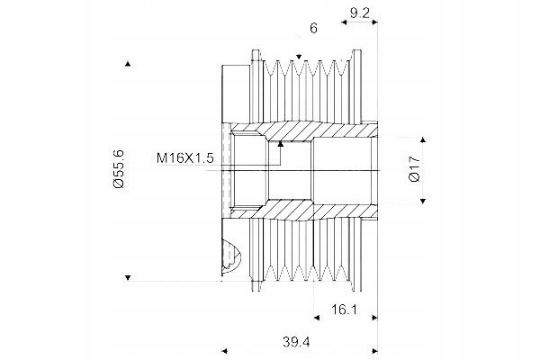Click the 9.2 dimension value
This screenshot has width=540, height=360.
click(359, 13)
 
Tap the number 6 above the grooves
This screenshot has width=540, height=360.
click(313, 28)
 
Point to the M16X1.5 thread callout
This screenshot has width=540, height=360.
click(184, 158)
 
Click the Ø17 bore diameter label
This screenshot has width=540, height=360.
click(414, 169)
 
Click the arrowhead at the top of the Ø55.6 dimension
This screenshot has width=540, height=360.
click(128, 63)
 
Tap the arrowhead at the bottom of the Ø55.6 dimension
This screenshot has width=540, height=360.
click(128, 277)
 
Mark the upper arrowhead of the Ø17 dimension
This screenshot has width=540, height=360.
click(423, 139)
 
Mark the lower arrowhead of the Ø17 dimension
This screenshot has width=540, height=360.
click(423, 201)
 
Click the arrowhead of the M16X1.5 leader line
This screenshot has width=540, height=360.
click(281, 144)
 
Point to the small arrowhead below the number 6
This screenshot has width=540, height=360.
click(299, 57)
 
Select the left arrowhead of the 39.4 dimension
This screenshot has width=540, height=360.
click(224, 351)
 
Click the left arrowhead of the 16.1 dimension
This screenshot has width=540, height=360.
click(317, 318)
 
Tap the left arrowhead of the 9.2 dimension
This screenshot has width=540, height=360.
click(344, 22)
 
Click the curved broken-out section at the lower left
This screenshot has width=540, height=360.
click(232, 258)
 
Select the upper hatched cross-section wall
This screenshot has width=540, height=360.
click(303, 130)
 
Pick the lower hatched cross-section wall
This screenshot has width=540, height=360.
click(303, 210)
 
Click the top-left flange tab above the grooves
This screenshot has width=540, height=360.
click(256, 55)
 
